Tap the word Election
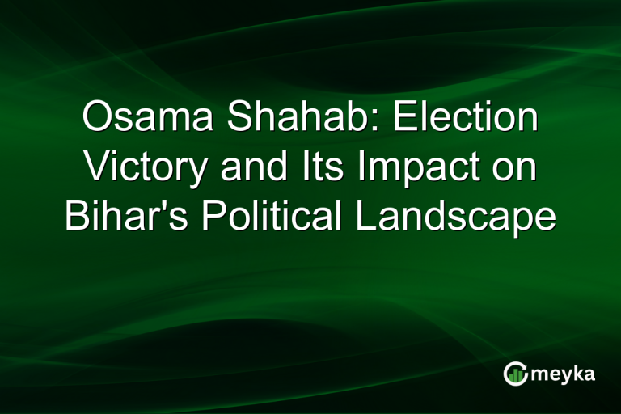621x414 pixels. point(465,118)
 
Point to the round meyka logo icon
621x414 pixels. point(515,373)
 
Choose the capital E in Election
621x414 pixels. point(403,118)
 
